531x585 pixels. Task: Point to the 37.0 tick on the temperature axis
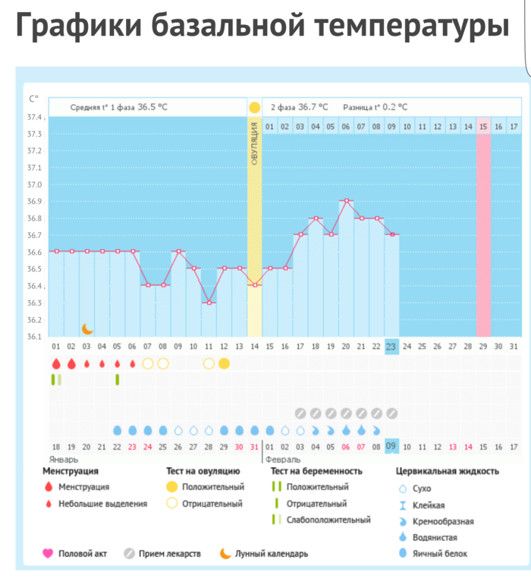tap(35, 185)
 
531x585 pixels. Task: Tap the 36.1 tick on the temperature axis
tap(35, 336)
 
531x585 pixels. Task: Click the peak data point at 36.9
tap(346, 201)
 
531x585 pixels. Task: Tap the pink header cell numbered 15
tap(483, 126)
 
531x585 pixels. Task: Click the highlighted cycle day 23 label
tap(391, 346)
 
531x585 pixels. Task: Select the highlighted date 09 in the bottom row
tap(391, 446)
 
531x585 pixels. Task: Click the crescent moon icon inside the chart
tap(87, 328)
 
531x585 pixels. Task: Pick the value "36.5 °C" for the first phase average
tap(152, 107)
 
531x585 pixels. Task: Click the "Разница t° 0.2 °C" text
tap(375, 107)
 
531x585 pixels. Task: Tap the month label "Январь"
tap(64, 460)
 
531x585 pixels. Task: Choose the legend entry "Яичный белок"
tap(440, 553)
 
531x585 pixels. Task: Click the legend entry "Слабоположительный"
tap(328, 520)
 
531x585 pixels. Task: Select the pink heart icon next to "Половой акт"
tap(48, 554)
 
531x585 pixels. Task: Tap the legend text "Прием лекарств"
tap(170, 554)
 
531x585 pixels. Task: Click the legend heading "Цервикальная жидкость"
tap(448, 471)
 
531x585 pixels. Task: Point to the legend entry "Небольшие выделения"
tap(103, 503)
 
